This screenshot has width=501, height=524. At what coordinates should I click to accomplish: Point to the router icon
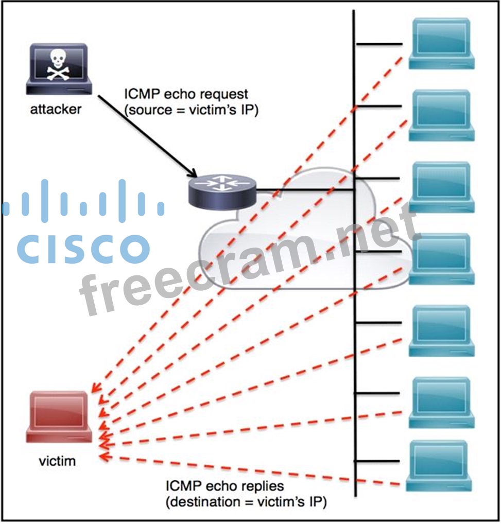[222, 190]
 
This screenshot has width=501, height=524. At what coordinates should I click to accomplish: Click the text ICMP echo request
[186, 94]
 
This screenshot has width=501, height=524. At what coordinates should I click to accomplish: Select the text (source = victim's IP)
[191, 110]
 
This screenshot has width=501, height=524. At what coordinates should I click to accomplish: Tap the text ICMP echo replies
[225, 486]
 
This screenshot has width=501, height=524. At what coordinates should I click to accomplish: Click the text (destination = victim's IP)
[246, 502]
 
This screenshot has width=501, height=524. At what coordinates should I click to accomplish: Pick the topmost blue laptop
[441, 43]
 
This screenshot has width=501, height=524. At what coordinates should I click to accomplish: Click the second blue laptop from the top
[441, 115]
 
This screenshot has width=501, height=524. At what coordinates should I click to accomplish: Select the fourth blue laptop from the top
[441, 258]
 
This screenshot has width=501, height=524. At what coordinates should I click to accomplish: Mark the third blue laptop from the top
[441, 187]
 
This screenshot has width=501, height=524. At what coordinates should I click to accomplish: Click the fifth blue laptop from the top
[441, 330]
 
